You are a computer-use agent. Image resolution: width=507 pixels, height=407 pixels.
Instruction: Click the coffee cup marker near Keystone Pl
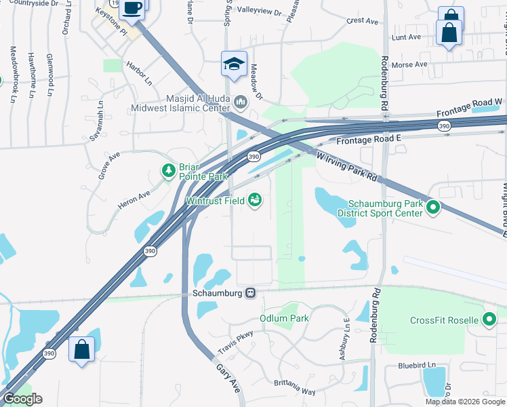131,9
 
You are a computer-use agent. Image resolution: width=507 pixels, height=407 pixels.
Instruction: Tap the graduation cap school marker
234,64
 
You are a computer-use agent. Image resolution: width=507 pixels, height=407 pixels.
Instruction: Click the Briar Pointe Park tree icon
168,170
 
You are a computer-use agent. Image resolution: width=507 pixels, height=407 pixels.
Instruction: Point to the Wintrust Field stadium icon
255,200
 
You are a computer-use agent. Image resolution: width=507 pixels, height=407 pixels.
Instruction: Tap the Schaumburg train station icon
251,292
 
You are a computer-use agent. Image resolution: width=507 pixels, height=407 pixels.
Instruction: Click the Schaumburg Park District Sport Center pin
433,209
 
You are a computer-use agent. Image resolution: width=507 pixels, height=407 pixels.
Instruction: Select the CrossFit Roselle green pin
489,320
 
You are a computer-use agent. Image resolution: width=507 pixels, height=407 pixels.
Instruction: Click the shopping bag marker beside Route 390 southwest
82,350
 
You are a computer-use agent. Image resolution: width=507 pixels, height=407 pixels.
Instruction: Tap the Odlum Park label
284,318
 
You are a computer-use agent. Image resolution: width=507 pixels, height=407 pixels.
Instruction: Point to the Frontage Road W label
470,107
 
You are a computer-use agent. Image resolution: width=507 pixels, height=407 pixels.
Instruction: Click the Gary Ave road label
228,377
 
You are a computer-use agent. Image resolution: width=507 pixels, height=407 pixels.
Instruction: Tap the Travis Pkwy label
235,342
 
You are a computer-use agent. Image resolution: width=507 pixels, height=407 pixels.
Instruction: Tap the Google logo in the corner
22,399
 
